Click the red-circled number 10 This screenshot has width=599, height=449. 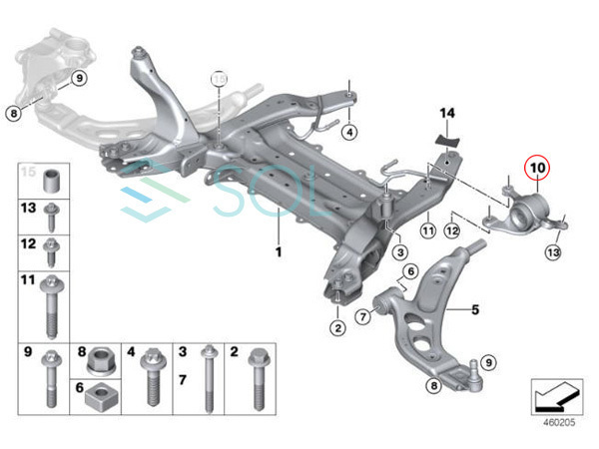coord(537,170)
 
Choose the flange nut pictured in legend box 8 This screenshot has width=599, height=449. coord(101,356)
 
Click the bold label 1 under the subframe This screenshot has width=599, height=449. coord(279,250)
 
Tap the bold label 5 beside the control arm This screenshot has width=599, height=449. coord(476,310)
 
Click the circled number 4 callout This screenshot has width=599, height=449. coord(349,132)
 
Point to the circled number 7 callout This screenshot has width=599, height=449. coord(363,316)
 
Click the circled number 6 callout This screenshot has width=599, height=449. coord(410,271)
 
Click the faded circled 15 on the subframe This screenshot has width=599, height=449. coord(219,77)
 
